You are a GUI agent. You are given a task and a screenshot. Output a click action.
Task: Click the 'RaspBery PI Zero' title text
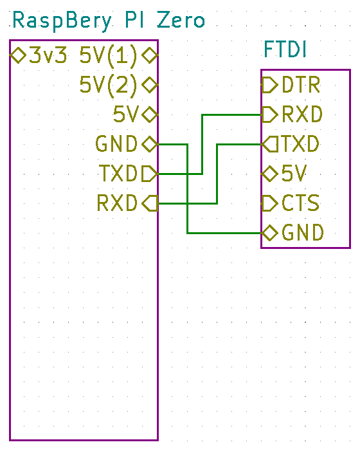(109, 21)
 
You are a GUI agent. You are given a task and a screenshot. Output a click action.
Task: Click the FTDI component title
(285, 50)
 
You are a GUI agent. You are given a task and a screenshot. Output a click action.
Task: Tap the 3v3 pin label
(48, 55)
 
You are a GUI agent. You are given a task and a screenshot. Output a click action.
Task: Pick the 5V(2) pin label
(108, 85)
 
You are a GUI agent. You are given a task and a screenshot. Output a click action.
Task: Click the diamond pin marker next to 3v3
(18, 55)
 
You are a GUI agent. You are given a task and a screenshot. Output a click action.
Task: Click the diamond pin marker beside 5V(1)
(150, 55)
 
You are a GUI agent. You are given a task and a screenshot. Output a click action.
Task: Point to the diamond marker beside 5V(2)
(150, 85)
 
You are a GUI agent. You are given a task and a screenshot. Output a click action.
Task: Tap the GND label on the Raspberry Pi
(116, 143)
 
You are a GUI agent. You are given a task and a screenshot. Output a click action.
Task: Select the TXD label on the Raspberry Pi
(118, 173)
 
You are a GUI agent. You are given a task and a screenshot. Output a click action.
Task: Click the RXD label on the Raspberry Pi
(117, 203)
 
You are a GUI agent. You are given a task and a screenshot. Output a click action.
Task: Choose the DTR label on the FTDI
(301, 85)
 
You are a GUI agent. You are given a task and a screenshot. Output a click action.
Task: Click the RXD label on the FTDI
(302, 115)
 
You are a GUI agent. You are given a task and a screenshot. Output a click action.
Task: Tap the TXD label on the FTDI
(300, 143)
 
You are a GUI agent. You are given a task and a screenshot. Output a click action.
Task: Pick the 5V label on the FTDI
(294, 174)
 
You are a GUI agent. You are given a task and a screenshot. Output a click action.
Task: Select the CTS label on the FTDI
(300, 203)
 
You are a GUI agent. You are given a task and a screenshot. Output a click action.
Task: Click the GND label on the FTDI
(303, 232)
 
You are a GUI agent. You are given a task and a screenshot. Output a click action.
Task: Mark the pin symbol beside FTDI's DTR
(269, 85)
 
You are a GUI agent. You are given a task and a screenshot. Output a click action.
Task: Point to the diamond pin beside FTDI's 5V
(269, 174)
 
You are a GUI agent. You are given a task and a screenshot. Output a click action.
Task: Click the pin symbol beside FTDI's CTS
(269, 203)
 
